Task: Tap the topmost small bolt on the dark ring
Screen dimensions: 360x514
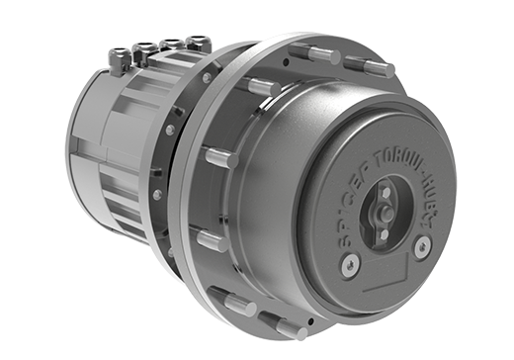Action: pyautogui.click(x=207, y=78)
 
